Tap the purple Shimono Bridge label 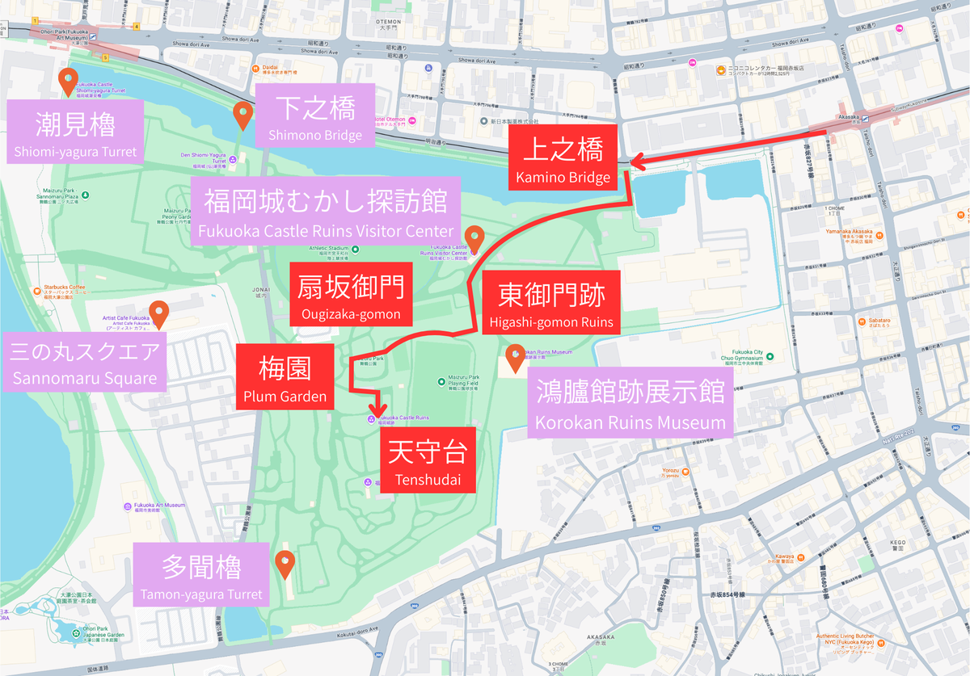tap(314, 116)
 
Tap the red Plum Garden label tap(285, 377)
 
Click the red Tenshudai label tap(428, 461)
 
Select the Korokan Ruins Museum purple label tap(630, 405)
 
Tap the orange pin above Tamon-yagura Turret tap(285, 562)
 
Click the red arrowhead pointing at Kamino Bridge tap(635, 159)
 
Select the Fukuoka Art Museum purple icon tap(129, 506)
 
